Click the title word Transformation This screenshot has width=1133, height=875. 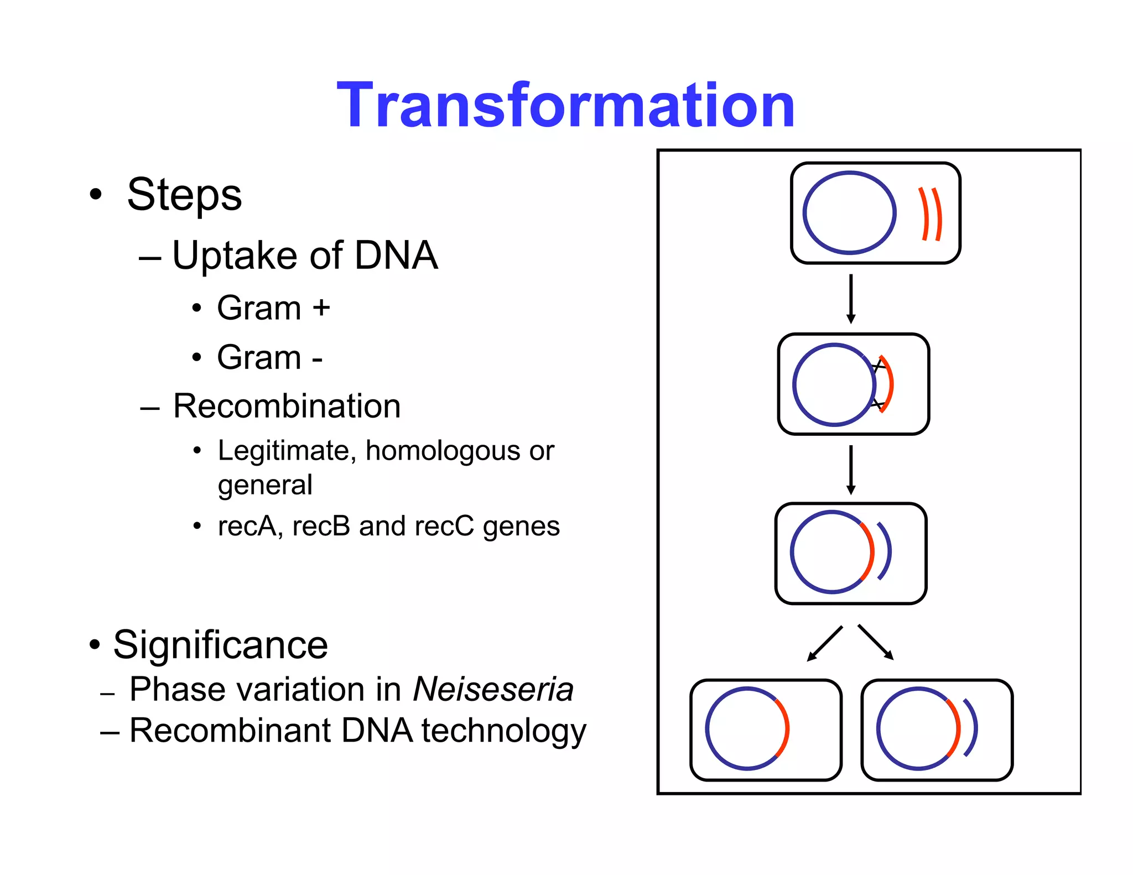(x=565, y=105)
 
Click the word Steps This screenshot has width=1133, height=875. (x=184, y=195)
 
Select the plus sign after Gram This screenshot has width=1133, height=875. (x=321, y=308)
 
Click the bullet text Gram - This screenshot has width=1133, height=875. (x=269, y=357)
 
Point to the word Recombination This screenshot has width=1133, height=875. (x=287, y=406)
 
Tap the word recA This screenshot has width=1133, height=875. (x=250, y=525)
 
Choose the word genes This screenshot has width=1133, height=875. (x=521, y=527)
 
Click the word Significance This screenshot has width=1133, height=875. (x=220, y=645)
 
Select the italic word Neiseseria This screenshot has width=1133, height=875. (x=493, y=690)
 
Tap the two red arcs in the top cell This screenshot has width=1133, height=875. (x=931, y=214)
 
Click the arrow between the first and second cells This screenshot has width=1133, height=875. (x=851, y=299)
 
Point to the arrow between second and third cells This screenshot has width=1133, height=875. (x=851, y=470)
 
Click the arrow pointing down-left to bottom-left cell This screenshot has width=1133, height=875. (x=824, y=643)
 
